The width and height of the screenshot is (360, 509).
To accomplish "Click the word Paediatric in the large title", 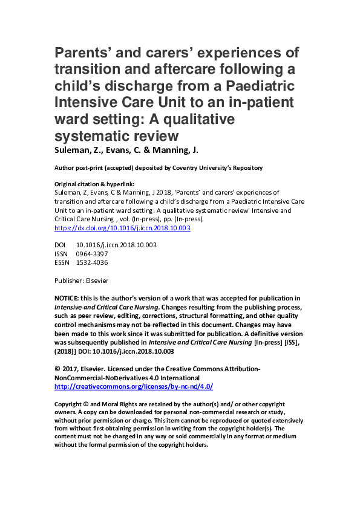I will pos(257,83).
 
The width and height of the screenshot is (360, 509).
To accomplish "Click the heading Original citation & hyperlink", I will pos(94,184).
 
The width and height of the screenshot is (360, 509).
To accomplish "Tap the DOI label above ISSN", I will pos(61,245).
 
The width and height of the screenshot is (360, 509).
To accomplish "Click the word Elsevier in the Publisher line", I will pos(96,280).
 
